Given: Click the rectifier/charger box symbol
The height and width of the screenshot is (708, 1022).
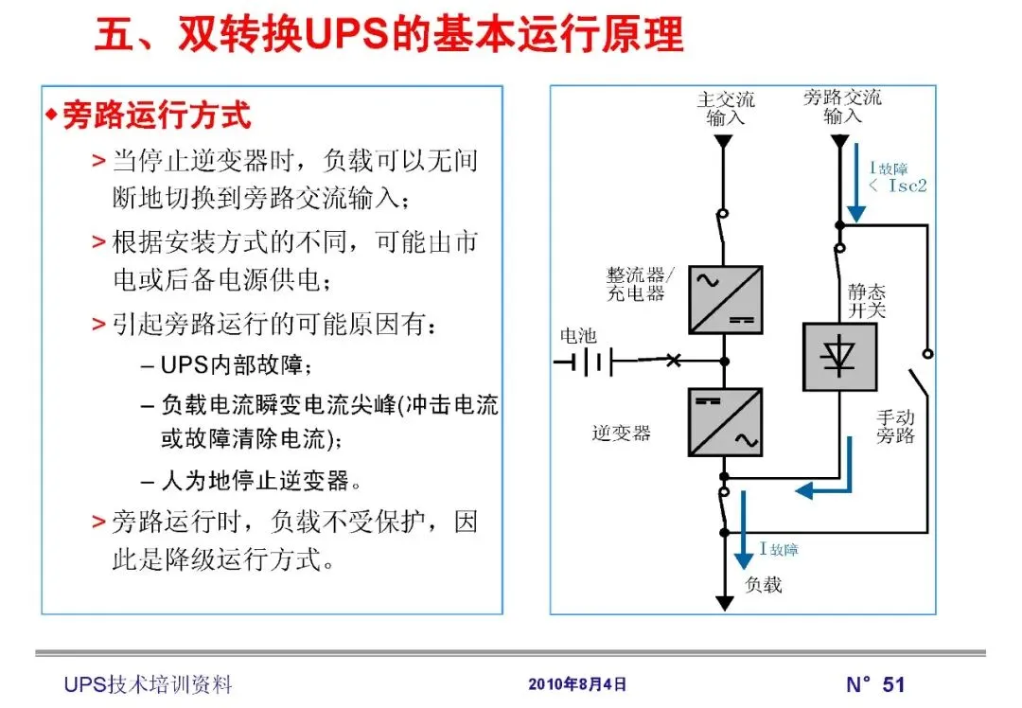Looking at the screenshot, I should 725,299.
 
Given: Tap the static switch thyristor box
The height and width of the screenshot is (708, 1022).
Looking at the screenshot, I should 839,357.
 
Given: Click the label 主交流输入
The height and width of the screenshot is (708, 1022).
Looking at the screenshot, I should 726,108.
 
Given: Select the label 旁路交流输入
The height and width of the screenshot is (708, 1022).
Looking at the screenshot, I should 842,106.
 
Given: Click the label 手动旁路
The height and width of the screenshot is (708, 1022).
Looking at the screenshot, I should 895,427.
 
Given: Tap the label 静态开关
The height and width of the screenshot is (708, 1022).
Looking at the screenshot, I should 867,301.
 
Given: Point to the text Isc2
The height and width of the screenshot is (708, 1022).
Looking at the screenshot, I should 907,186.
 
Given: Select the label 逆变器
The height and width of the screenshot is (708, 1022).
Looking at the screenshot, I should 622,433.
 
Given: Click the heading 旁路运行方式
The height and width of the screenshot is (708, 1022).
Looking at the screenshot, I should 156,115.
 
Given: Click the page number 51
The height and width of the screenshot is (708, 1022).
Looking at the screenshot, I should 893,683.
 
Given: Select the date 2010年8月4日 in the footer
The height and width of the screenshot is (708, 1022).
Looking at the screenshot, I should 576,683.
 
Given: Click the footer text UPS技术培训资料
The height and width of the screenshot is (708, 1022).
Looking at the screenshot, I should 148,684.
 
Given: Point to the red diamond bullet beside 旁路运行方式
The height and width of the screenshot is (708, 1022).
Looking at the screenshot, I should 51,115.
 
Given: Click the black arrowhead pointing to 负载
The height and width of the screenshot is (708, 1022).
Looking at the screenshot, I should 724,602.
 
